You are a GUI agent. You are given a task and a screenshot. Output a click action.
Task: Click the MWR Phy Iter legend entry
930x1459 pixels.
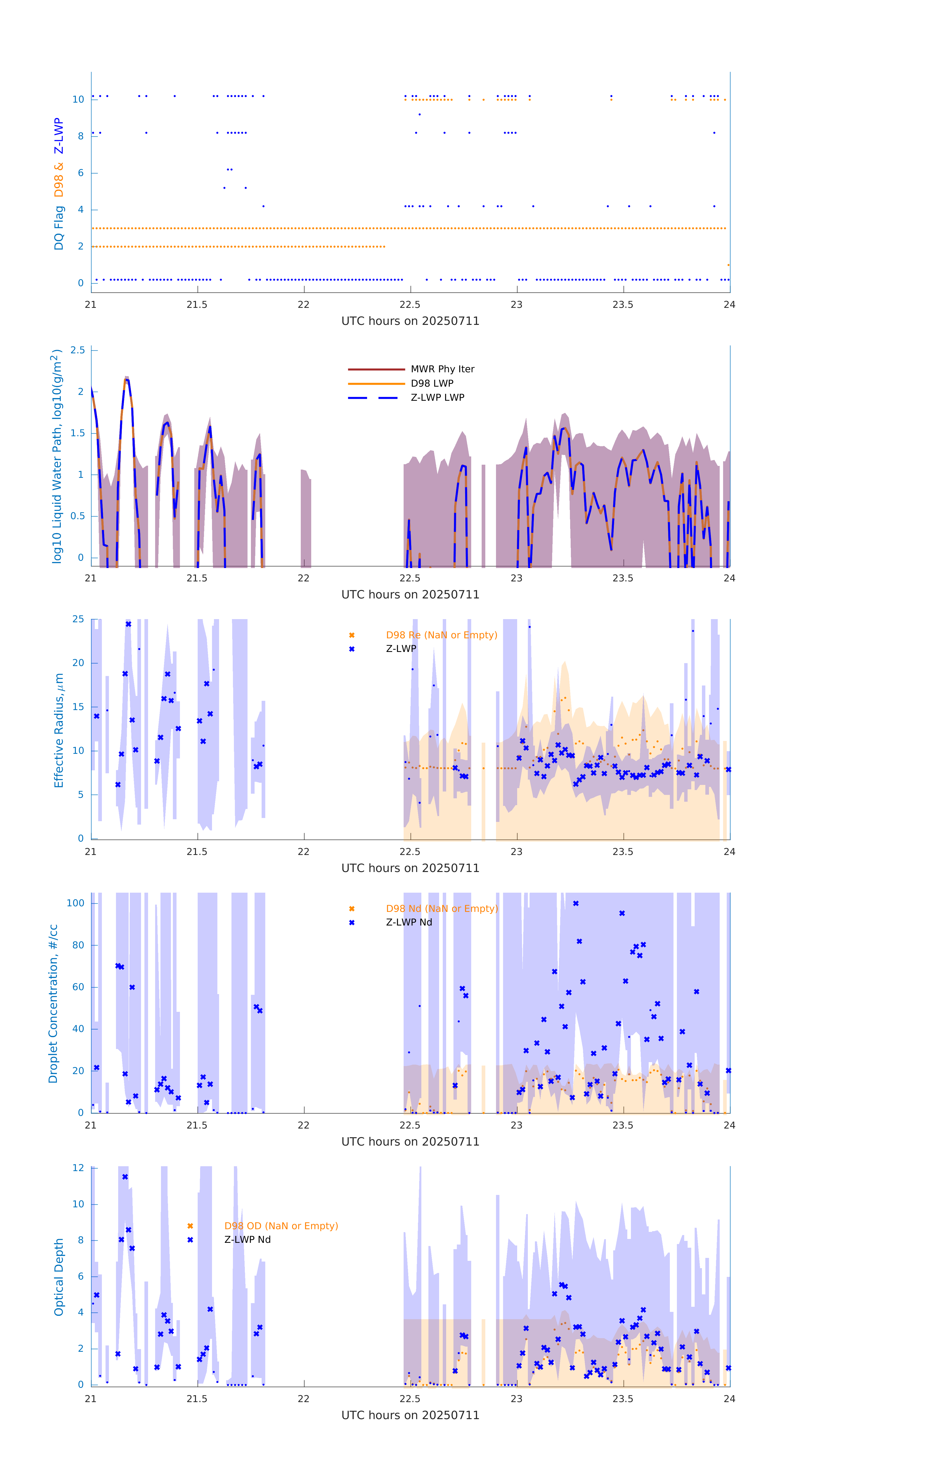[x=442, y=369]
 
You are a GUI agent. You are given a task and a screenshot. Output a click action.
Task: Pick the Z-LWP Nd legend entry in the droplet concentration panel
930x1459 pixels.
[x=409, y=922]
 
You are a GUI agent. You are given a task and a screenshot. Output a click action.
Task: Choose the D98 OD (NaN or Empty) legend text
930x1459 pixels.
[x=281, y=1226]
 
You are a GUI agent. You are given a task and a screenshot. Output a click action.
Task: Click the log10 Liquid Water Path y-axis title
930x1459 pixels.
[x=56, y=456]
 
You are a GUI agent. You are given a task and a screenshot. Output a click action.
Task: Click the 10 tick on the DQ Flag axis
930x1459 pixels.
[x=78, y=99]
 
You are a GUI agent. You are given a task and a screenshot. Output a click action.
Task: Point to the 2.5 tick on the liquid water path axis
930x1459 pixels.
[x=78, y=350]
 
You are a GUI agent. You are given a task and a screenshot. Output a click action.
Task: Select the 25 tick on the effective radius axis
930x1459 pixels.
[x=78, y=619]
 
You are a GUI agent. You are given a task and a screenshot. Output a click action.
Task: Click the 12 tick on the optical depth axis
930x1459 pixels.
[x=78, y=1167]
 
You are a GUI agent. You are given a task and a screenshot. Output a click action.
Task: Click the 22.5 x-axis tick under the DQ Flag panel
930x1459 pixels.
[x=410, y=305]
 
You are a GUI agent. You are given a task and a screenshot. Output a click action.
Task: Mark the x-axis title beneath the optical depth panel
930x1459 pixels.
[x=410, y=1415]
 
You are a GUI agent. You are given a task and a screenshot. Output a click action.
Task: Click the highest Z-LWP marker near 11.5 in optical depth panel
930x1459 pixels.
[x=125, y=1177]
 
